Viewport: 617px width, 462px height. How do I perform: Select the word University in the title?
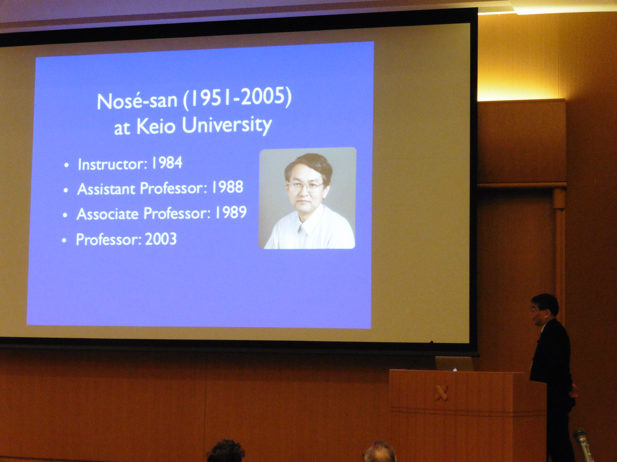pos(227,126)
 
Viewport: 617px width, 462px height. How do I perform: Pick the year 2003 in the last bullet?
pos(161,239)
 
